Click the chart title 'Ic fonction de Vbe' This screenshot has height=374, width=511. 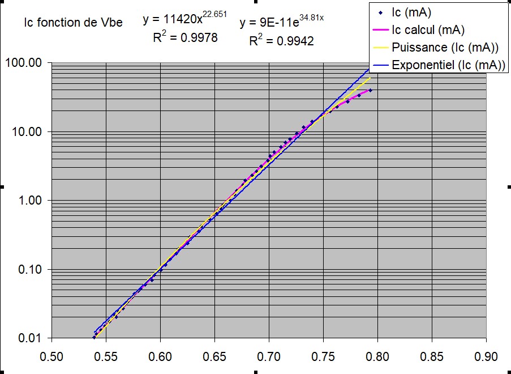(x=74, y=23)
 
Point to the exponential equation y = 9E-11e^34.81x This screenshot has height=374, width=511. (x=281, y=23)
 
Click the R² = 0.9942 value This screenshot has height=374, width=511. (x=281, y=41)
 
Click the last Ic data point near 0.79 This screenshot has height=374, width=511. (x=370, y=90)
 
